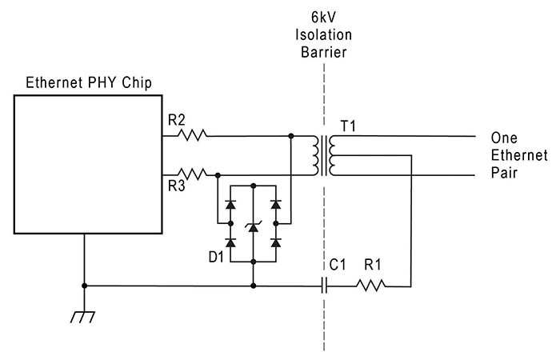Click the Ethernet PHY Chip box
87,164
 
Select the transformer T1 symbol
324,154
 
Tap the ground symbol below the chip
84,317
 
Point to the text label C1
338,262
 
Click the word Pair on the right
504,172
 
